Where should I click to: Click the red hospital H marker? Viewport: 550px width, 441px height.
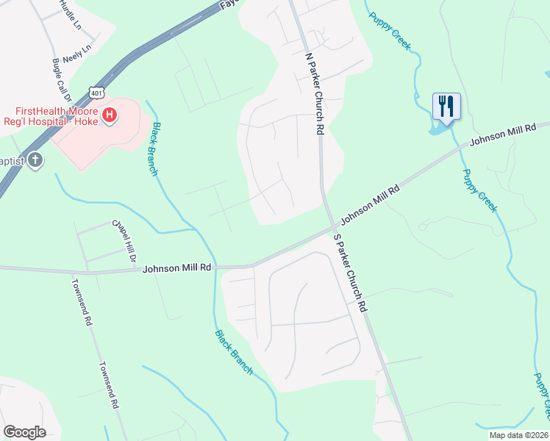click(x=110, y=115)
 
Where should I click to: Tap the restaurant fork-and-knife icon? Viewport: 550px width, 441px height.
click(x=446, y=106)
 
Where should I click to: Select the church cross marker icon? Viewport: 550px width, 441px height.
click(x=35, y=161)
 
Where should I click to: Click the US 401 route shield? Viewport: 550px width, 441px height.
click(x=97, y=91)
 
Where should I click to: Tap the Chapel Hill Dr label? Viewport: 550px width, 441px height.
click(x=124, y=240)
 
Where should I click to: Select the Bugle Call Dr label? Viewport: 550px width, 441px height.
click(x=60, y=82)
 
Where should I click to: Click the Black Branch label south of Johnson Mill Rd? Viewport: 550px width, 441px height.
click(x=234, y=352)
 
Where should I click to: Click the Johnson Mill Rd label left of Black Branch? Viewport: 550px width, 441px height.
click(x=176, y=269)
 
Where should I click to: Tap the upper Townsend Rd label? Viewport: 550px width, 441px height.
click(x=82, y=301)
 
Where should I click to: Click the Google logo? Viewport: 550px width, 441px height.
click(x=24, y=432)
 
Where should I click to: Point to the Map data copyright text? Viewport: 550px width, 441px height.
click(x=519, y=435)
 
